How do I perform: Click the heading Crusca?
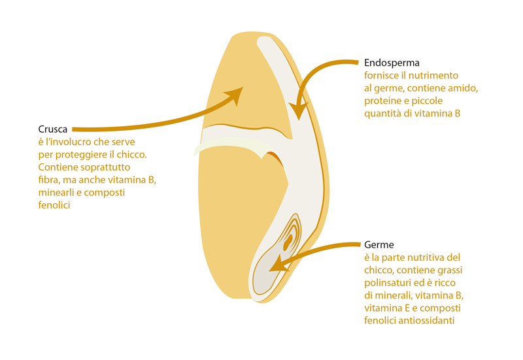point(52,129)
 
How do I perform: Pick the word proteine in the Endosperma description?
point(382,101)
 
